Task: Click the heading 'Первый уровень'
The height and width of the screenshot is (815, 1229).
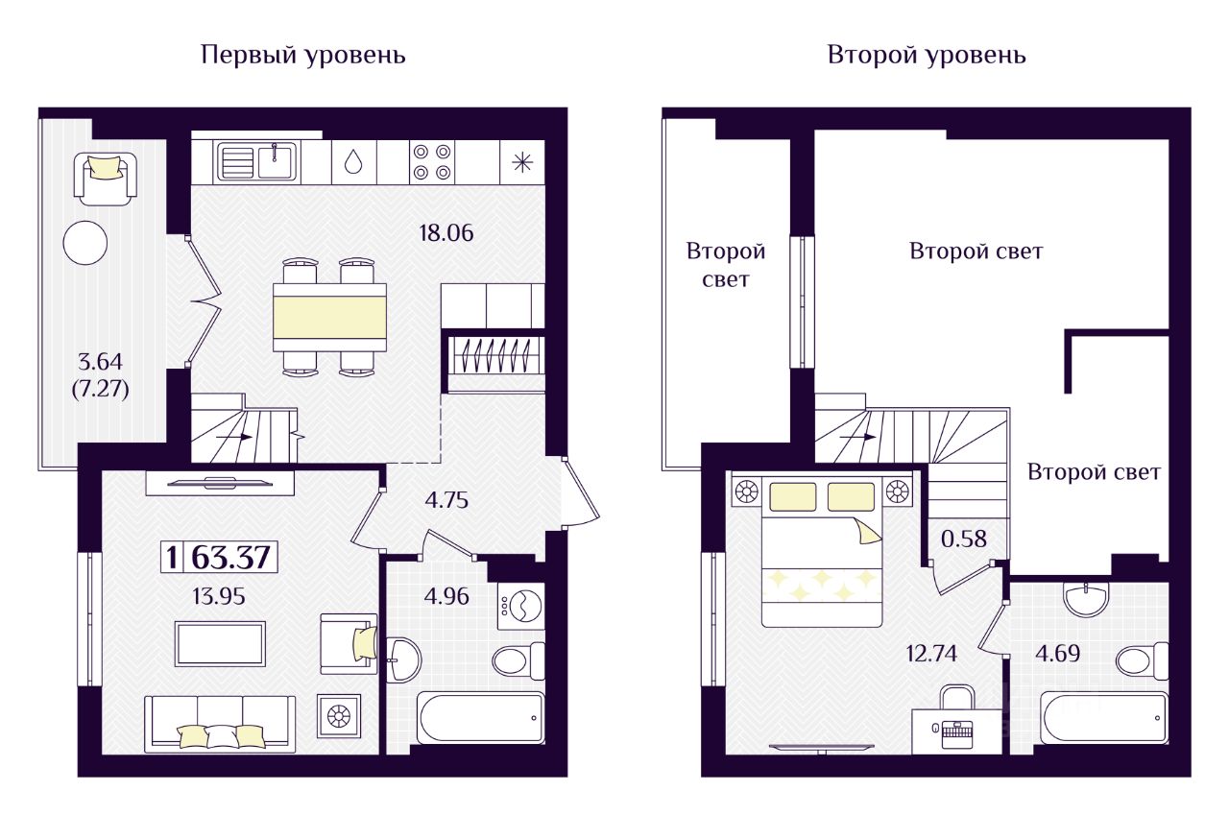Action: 303,56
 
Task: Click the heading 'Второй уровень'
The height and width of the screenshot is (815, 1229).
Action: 927,56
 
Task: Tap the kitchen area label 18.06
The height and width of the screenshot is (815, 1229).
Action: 447,231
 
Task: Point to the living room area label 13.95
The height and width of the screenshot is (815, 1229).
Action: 220,596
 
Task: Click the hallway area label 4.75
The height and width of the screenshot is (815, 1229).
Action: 446,499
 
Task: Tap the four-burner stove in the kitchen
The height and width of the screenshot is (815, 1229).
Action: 431,161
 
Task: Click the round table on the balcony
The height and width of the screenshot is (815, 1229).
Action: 85,243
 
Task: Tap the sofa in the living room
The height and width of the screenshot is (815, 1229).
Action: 220,722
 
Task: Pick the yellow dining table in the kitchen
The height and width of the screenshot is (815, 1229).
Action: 329,316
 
